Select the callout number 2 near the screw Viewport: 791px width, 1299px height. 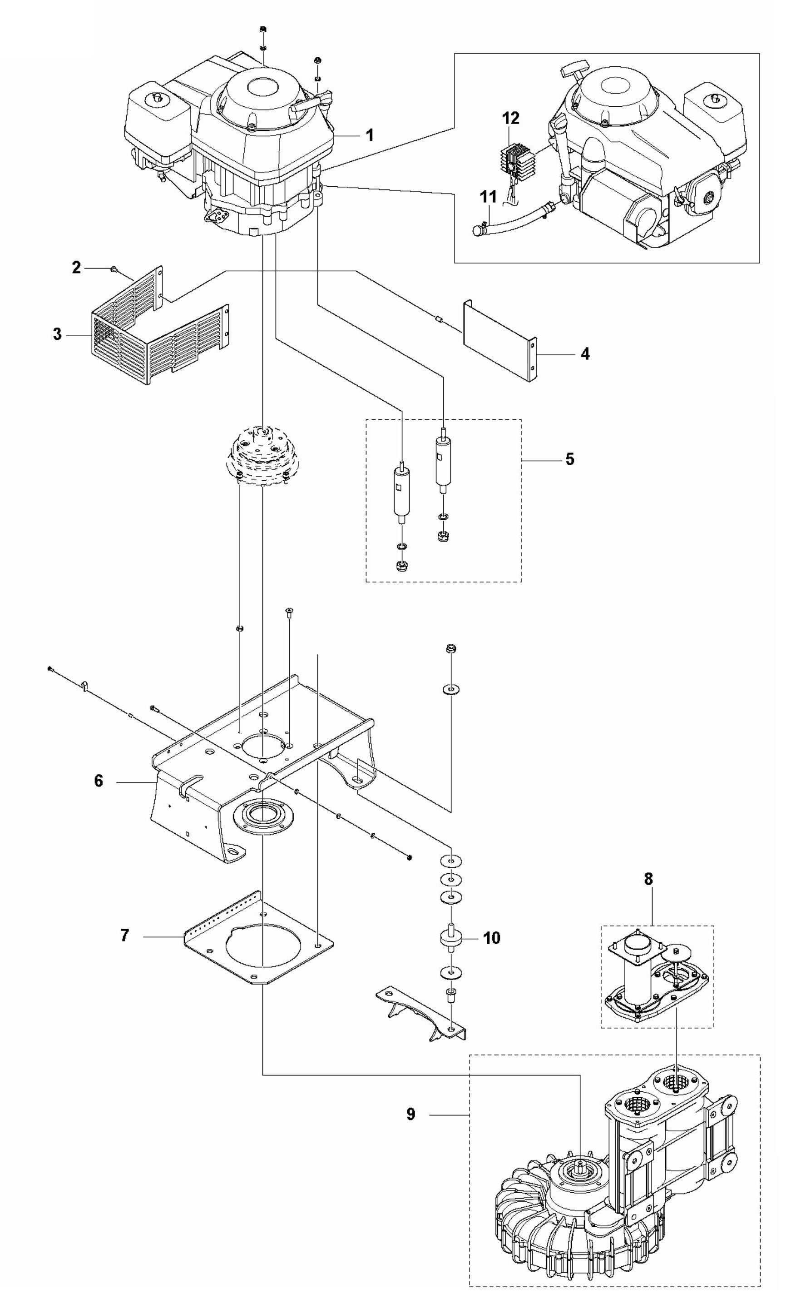coord(77,268)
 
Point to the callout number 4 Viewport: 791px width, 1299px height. coord(584,354)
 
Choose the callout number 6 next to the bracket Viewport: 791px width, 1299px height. coord(99,781)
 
